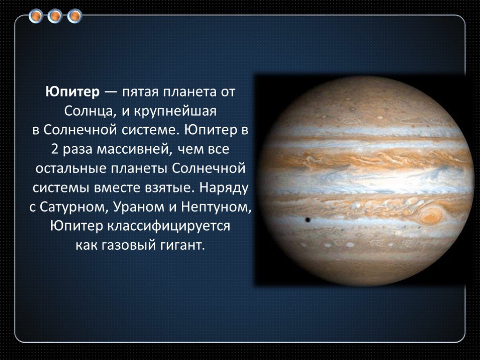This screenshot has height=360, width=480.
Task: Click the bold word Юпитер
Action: point(73,92)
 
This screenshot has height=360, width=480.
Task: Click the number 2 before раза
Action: point(55,150)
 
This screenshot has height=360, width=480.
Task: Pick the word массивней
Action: point(133,150)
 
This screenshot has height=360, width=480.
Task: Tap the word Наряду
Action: point(224,188)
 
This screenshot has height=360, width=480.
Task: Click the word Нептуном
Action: point(216,208)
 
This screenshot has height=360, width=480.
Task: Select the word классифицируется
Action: point(168,226)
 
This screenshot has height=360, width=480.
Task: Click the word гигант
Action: point(183,245)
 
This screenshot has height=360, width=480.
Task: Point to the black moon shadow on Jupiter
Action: point(307,220)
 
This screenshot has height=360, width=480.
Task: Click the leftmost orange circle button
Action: point(36,16)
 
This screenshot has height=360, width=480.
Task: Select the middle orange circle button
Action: point(55,16)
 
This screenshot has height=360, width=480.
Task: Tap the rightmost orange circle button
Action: point(75,16)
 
